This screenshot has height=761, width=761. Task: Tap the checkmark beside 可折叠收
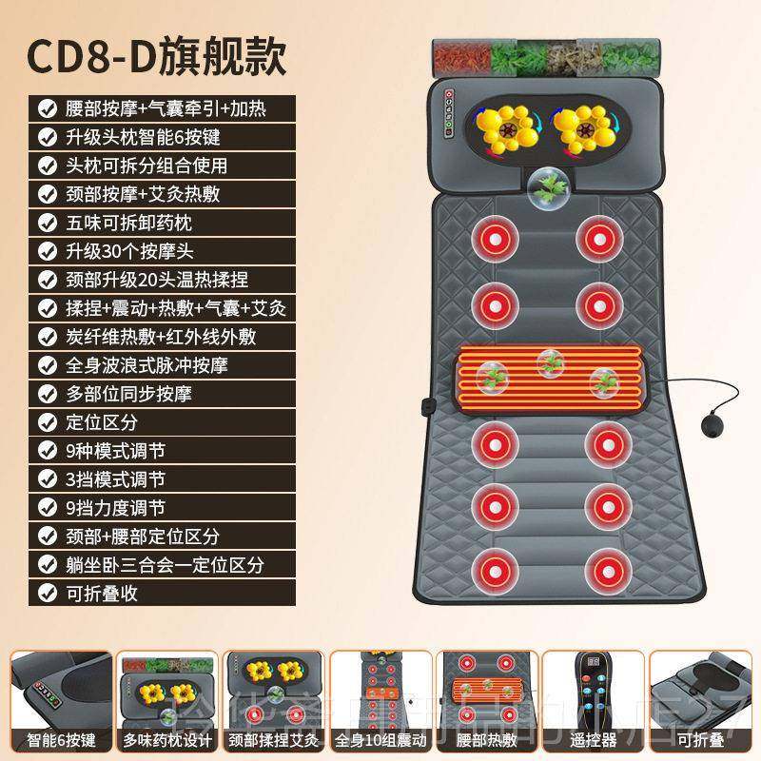coord(46,592)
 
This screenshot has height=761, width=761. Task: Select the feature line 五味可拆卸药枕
coord(133,223)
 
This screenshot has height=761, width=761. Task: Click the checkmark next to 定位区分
coord(46,421)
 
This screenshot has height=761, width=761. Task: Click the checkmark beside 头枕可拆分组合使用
coord(46,166)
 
